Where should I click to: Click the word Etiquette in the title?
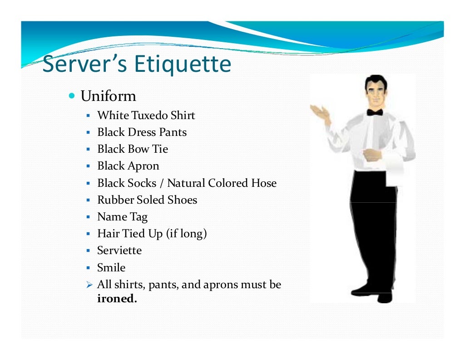(183, 64)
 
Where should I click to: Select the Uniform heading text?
(108, 96)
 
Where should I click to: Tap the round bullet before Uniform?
(72, 96)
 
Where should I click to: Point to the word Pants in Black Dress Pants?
(173, 132)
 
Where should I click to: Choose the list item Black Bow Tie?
(133, 149)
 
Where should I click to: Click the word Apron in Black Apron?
(143, 166)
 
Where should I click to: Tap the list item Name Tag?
(122, 217)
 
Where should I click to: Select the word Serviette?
(119, 251)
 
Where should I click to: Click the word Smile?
(111, 268)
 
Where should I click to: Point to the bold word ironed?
(117, 299)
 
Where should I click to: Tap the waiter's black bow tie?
(375, 112)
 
